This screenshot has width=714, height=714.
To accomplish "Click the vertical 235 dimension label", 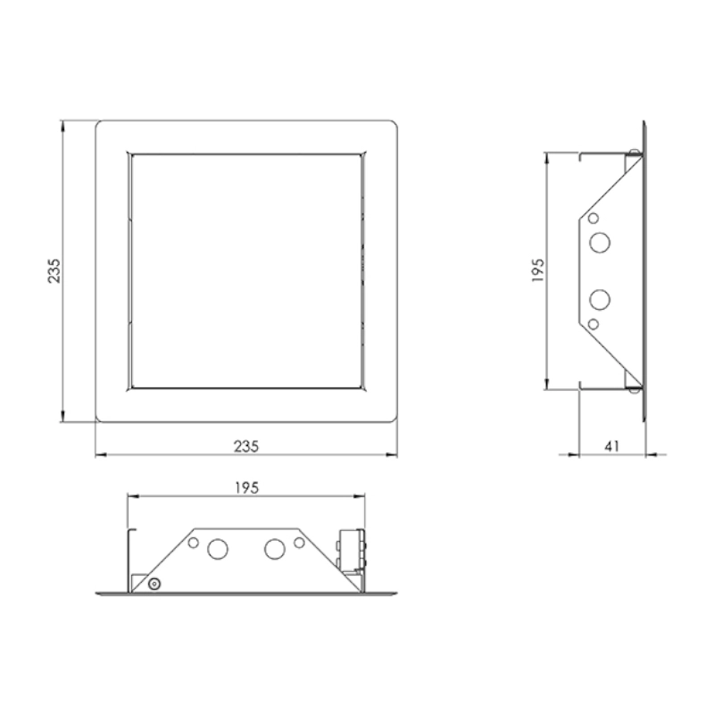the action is (54, 271).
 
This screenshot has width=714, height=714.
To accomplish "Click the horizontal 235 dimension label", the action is (246, 446).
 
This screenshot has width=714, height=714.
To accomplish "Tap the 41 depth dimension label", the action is (611, 446).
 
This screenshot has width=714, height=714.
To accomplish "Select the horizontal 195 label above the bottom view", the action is (246, 487).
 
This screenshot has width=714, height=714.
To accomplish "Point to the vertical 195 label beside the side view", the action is (538, 270).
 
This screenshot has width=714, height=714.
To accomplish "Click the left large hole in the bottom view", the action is (218, 549).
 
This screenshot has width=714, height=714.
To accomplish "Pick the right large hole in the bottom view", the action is (275, 549).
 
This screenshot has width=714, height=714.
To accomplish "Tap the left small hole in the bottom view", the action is (194, 543).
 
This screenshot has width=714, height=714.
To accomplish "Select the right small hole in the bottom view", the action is (299, 543).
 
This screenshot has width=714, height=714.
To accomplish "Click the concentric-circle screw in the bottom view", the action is (154, 584).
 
